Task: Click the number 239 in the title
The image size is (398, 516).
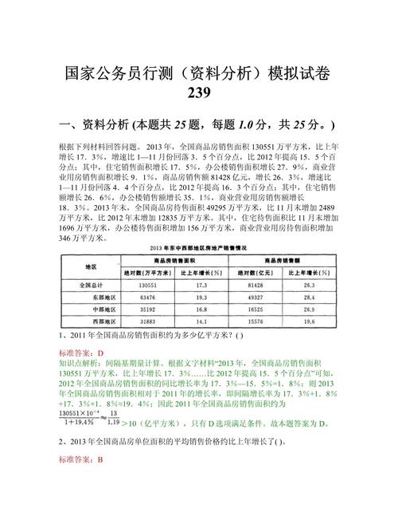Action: coord(199,94)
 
